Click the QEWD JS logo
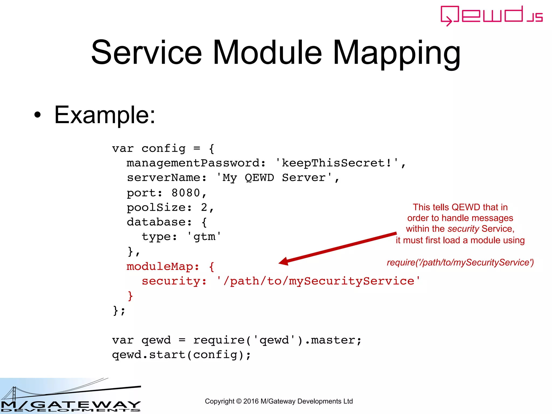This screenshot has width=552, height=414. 491,16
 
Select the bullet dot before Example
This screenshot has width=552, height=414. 38,115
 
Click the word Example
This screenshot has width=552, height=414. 105,115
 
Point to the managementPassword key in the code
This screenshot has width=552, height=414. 193,163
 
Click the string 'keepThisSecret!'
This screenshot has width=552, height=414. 337,163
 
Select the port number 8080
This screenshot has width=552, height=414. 186,193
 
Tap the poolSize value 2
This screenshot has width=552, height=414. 204,208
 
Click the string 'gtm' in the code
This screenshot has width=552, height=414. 204,237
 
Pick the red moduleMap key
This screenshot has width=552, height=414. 163,267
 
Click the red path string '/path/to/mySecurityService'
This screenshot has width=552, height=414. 318,281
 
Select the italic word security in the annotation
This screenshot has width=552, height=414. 463,229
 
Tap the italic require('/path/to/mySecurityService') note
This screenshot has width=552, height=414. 460,262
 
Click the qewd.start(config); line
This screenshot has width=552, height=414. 181,355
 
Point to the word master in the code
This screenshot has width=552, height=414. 333,340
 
